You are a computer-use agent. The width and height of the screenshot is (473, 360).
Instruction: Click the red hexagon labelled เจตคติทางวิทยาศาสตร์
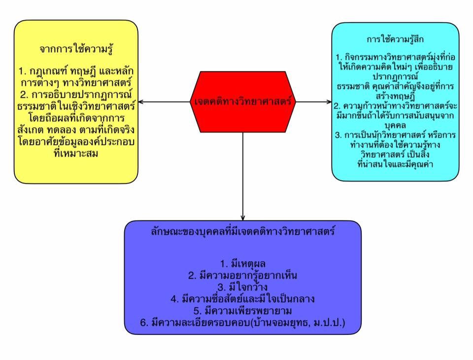pos(243,102)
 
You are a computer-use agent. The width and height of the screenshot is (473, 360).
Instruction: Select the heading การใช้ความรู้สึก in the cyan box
pos(396,38)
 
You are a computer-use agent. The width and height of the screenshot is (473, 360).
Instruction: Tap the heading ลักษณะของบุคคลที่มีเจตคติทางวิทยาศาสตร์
pos(242,231)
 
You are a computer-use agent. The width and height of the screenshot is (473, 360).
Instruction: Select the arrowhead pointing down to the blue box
pos(243,217)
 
